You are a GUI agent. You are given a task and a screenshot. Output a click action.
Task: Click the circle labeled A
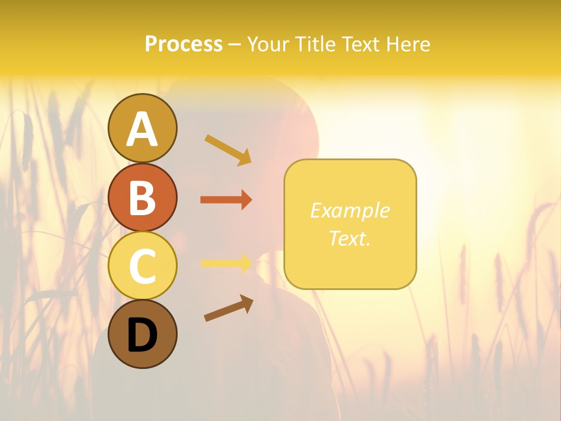(x=142, y=128)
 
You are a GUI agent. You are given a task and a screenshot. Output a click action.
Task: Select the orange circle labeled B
(x=142, y=197)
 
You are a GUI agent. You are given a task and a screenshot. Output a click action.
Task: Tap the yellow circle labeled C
(x=142, y=265)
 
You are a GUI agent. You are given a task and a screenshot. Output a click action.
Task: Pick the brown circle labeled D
(x=142, y=334)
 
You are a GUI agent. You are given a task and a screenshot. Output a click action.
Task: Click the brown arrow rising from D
(x=228, y=308)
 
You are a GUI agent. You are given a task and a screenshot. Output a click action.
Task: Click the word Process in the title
(x=183, y=44)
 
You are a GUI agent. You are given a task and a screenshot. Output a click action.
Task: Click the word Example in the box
(x=349, y=210)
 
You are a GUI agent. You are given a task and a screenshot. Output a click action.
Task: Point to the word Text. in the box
(x=349, y=238)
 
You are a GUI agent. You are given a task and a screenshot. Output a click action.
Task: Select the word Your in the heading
(x=268, y=44)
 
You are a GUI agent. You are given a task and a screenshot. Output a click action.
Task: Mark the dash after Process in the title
(x=235, y=44)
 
